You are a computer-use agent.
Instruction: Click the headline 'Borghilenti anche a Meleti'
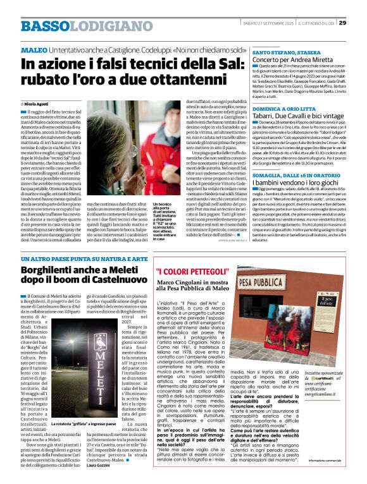[x=86, y=275]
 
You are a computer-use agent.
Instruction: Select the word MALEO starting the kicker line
[x=34, y=49]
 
